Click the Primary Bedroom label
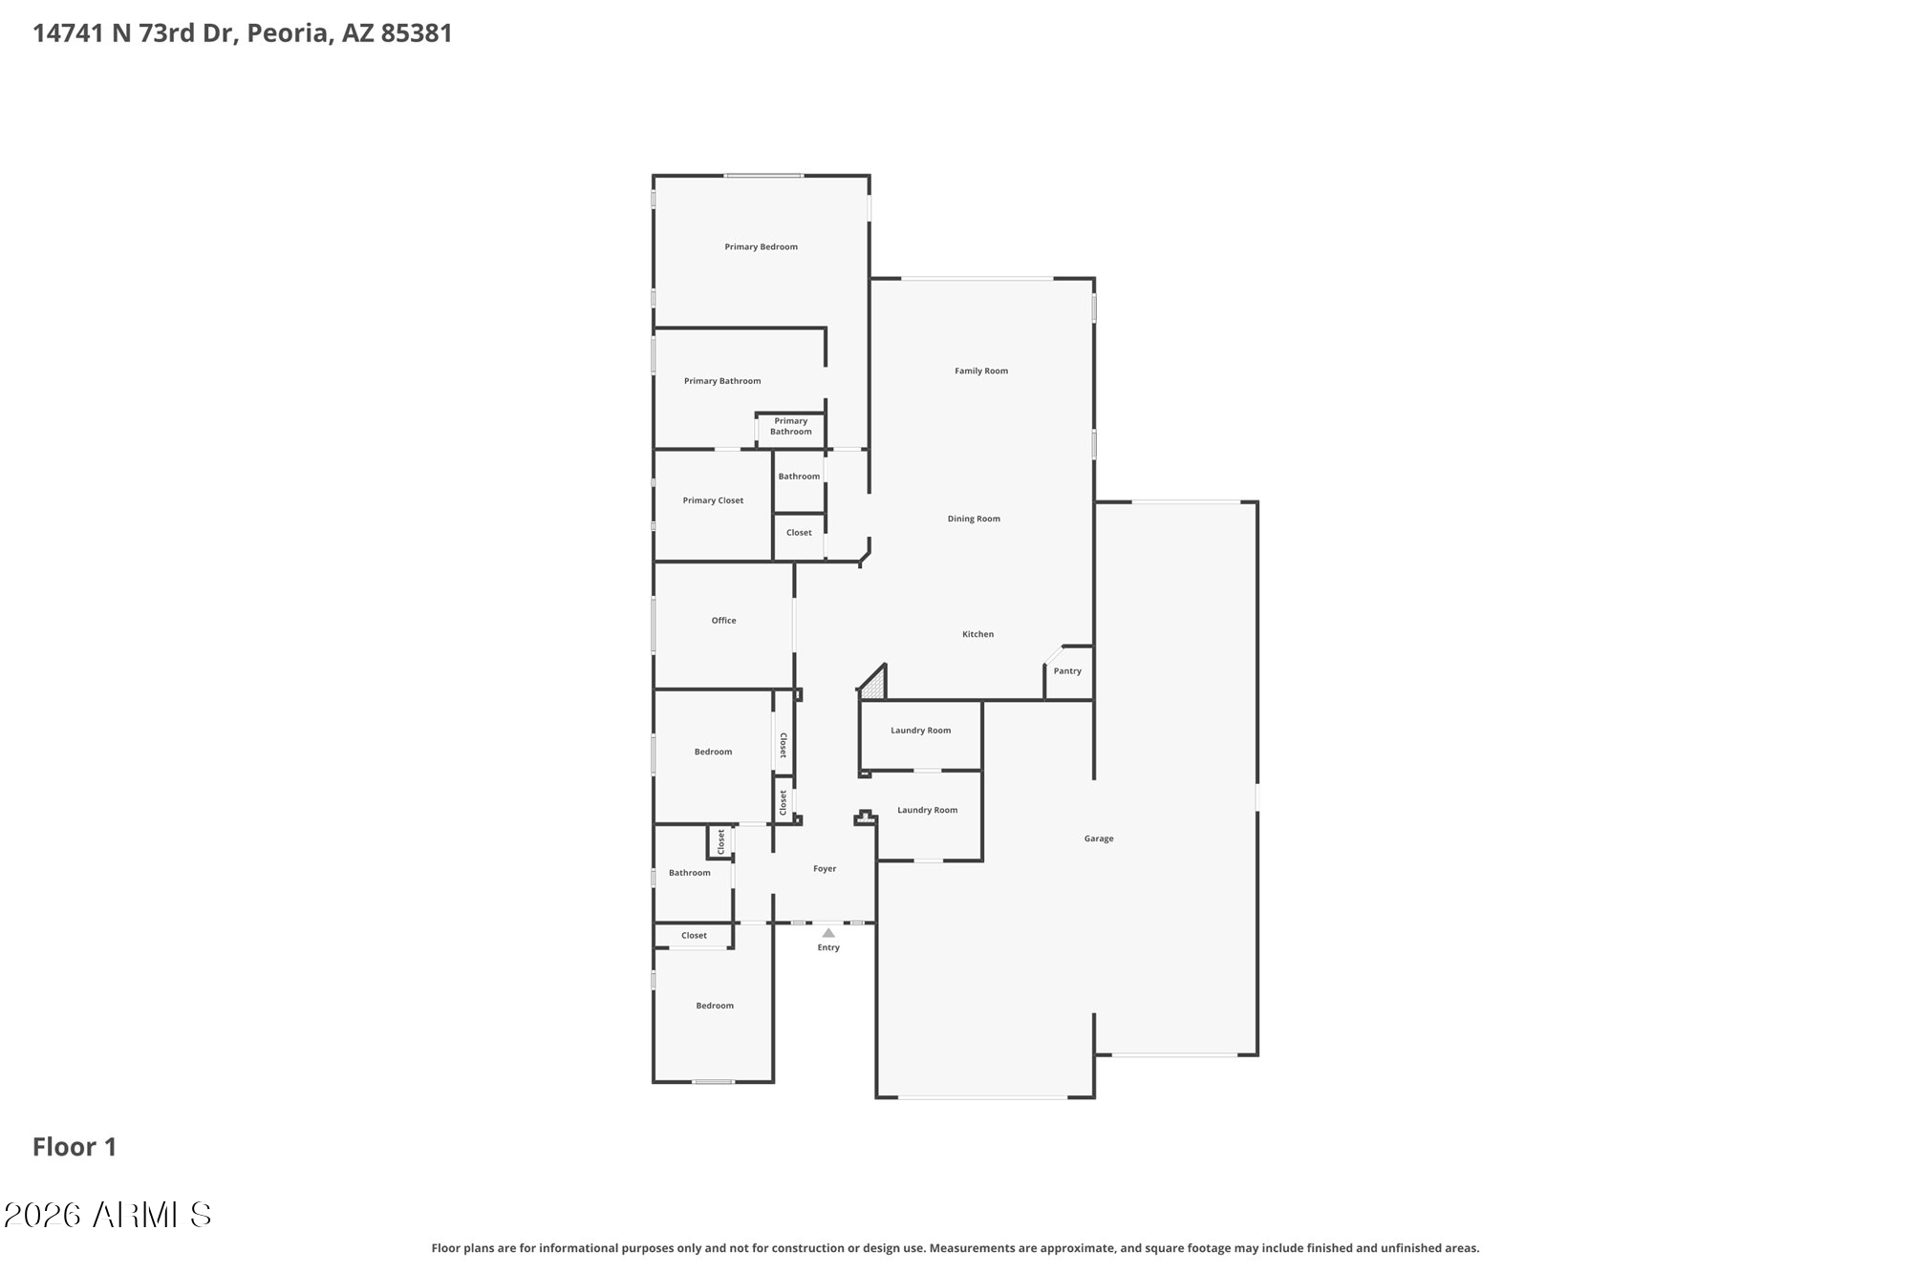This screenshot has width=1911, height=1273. click(x=761, y=247)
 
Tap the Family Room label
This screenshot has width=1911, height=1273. click(x=981, y=371)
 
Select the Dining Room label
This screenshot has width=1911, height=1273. click(x=974, y=520)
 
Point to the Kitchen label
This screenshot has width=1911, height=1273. click(x=977, y=634)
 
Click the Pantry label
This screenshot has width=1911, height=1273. click(x=1067, y=671)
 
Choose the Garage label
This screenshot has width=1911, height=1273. click(x=1099, y=838)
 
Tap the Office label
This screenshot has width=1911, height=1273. click(x=723, y=621)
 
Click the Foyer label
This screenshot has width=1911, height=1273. click(x=825, y=869)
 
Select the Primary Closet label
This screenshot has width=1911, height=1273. click(x=713, y=500)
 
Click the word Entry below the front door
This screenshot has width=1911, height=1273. click(x=828, y=947)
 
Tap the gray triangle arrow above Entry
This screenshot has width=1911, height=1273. click(x=828, y=933)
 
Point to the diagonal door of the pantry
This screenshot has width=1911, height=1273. click(x=1053, y=655)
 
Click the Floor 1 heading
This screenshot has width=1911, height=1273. click(x=75, y=1147)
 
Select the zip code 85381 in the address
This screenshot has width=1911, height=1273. click(x=417, y=33)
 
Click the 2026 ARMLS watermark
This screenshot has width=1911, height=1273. click(x=107, y=1215)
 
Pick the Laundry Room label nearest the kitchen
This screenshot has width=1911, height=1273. click(x=920, y=731)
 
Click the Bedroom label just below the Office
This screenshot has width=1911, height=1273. click(x=713, y=753)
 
